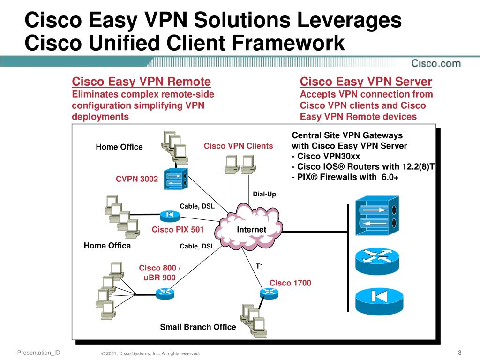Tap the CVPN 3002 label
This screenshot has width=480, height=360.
pyautogui.click(x=137, y=179)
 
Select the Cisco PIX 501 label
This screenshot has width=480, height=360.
pyautogui.click(x=178, y=229)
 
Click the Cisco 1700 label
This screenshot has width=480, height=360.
pyautogui.click(x=290, y=283)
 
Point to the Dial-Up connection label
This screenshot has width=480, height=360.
pyautogui.click(x=264, y=194)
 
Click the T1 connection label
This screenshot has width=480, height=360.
pyautogui.click(x=259, y=266)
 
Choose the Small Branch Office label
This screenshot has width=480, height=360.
pyautogui.click(x=198, y=327)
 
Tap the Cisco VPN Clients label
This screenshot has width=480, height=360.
pyautogui.click(x=238, y=146)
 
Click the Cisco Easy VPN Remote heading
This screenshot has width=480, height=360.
pyautogui.click(x=141, y=82)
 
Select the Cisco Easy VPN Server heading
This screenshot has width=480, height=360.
pyautogui.click(x=366, y=82)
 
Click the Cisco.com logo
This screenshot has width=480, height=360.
pyautogui.click(x=436, y=63)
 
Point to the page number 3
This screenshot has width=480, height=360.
pyautogui.click(x=460, y=352)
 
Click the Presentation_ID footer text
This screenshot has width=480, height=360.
pyautogui.click(x=38, y=352)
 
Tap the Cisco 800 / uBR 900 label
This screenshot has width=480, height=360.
pyautogui.click(x=159, y=273)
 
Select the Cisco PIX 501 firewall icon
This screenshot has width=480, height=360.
pyautogui.click(x=170, y=216)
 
